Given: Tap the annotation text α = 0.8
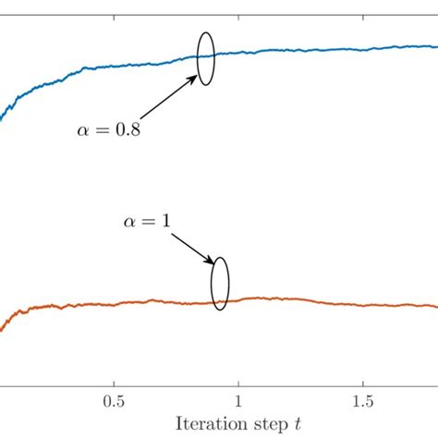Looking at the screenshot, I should [108, 130].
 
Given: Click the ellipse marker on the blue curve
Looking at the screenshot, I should [206, 57].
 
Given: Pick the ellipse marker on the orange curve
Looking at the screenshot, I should [220, 284].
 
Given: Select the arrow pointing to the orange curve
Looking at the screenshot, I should [191, 245].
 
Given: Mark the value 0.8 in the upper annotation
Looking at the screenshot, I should [127, 130].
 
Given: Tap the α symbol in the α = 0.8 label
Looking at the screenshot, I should [83, 131].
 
